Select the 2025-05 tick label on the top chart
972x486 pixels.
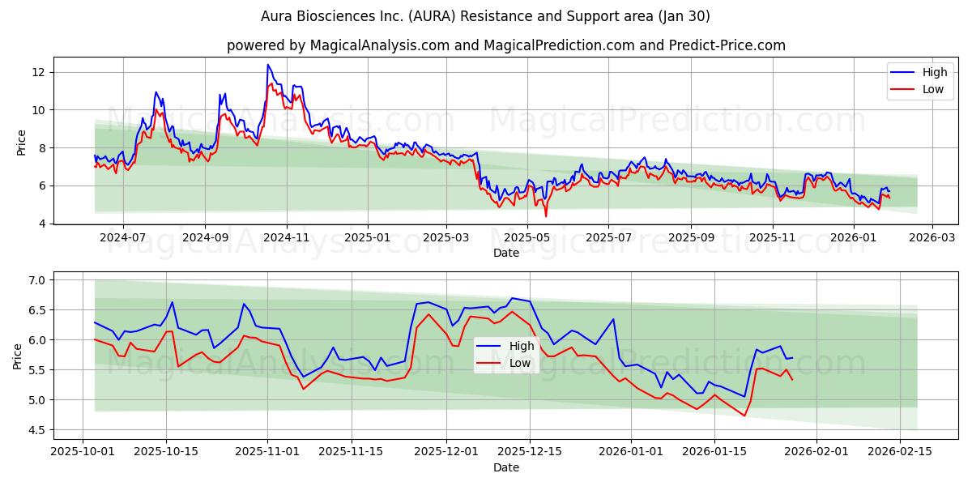point(527,238)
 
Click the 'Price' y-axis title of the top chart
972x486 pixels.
point(21,142)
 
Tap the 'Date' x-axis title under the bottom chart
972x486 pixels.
point(506,467)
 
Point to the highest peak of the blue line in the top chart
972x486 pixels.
point(267,65)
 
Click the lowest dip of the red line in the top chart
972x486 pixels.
point(546,216)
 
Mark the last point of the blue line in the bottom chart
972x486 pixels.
point(792,358)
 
